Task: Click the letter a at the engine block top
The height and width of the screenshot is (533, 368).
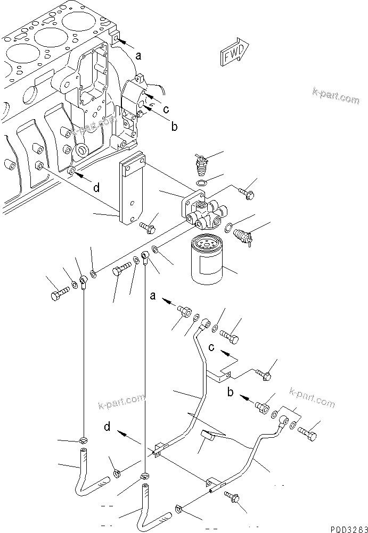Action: [x=138, y=55]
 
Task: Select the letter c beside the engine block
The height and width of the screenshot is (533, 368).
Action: [x=167, y=110]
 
